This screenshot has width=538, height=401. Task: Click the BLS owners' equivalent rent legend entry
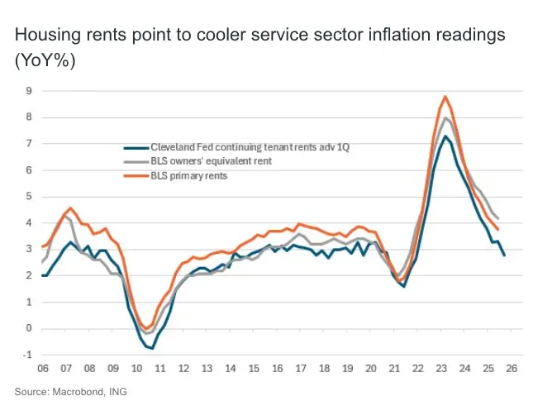pos(210,161)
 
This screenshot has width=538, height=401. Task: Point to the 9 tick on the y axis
pos(28,91)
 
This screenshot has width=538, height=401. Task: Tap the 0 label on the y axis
pos(28,329)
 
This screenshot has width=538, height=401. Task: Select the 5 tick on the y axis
pos(28,197)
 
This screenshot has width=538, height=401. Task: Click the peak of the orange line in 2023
pos(445,97)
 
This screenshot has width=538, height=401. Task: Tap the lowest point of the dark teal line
pos(153,348)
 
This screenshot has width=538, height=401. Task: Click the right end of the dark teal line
pos(504,255)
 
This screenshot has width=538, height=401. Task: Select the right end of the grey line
pos(498,219)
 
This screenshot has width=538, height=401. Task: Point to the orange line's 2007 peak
pos(70,208)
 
